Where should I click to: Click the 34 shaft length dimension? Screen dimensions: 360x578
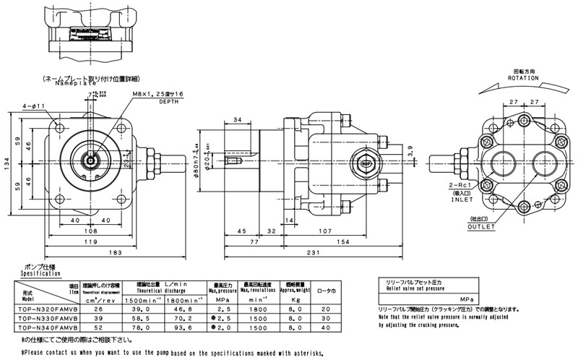pyautogui.click(x=238, y=121)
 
